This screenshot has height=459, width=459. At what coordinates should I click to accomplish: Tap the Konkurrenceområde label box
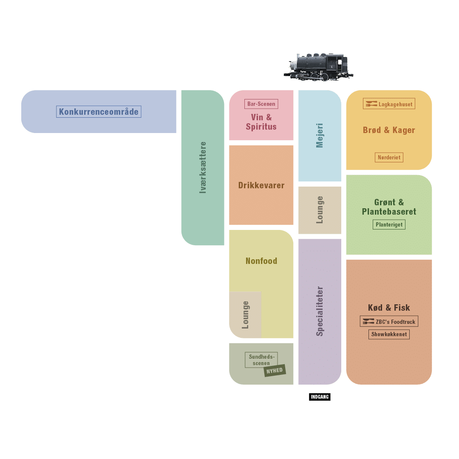pos(99,112)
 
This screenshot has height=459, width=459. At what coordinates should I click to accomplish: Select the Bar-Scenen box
pos(261,104)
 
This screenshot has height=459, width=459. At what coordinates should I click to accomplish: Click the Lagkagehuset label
pos(389,104)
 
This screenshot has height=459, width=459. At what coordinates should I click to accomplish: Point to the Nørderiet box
pos(389,157)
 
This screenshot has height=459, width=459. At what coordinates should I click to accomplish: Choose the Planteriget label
pos(389,224)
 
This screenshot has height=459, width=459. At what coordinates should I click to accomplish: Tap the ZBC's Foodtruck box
pos(389,322)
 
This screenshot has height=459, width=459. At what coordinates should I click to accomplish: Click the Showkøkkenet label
pos(389,334)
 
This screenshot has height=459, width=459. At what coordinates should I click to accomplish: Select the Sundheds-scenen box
pos(261,360)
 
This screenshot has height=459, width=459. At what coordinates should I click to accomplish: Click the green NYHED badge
pos(275,371)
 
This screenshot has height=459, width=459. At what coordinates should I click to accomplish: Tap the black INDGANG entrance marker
pos(320,397)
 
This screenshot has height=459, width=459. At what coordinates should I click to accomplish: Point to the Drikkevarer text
pos(261,185)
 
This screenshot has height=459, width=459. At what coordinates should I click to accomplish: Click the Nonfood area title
pos(261,261)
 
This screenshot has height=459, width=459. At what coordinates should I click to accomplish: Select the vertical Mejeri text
pos(320,136)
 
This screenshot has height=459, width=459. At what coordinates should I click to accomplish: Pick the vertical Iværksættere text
pos(203,167)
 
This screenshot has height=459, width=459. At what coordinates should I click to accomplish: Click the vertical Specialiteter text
pos(320,311)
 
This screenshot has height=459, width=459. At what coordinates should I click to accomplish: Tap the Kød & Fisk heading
pos(389,308)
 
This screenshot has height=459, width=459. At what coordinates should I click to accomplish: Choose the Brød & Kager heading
pos(389,130)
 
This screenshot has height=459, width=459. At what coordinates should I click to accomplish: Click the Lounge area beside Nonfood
pos(245,314)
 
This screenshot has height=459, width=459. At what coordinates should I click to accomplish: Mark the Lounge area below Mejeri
pos(320,210)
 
